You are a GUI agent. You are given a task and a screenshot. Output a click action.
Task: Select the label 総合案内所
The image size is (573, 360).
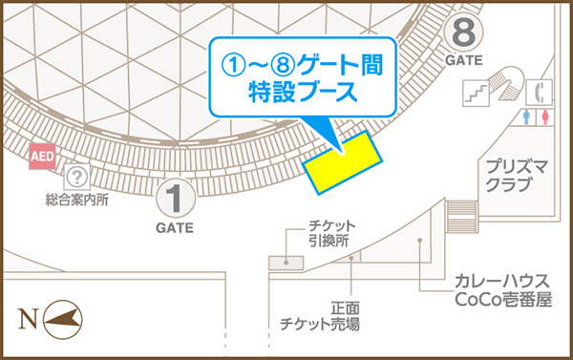[76, 201]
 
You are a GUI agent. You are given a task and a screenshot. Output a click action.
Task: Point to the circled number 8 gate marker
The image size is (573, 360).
[464, 34]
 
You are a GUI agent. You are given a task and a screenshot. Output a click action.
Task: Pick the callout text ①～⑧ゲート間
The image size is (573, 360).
[302, 65]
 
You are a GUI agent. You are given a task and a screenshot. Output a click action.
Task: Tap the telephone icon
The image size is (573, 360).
[542, 93]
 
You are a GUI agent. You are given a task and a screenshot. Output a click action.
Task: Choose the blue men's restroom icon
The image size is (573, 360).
[529, 116]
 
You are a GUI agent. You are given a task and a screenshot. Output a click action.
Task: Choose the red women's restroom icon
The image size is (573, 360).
[545, 116]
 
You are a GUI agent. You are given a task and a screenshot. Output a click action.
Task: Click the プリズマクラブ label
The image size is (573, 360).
[514, 175]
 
